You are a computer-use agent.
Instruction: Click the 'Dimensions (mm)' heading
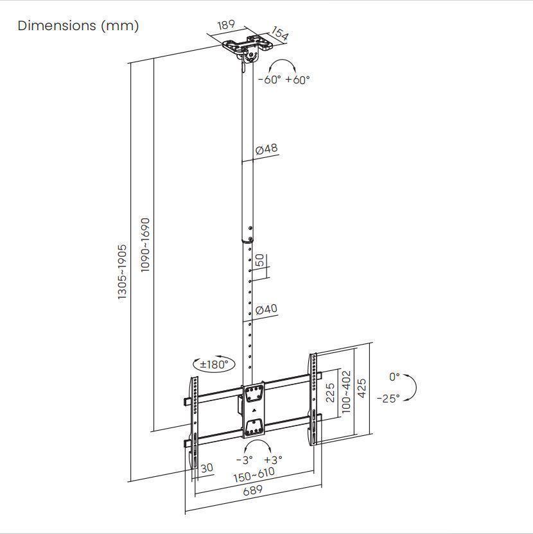point(78,26)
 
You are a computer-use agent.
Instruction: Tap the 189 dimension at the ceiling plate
point(225,26)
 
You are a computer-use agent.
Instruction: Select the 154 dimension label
point(279,33)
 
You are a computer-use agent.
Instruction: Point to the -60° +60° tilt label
point(283,80)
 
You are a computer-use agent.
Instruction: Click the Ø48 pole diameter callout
point(266,149)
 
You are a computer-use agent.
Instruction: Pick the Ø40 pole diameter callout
point(266,309)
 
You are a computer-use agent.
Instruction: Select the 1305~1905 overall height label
point(122,271)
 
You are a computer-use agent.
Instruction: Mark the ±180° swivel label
point(214,364)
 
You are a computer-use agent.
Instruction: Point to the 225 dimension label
point(330,393)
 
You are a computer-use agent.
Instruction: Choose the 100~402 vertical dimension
point(346,392)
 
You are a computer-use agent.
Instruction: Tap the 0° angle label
point(394,377)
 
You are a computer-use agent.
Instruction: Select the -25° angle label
point(388,398)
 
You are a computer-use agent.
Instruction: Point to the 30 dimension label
point(207,469)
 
